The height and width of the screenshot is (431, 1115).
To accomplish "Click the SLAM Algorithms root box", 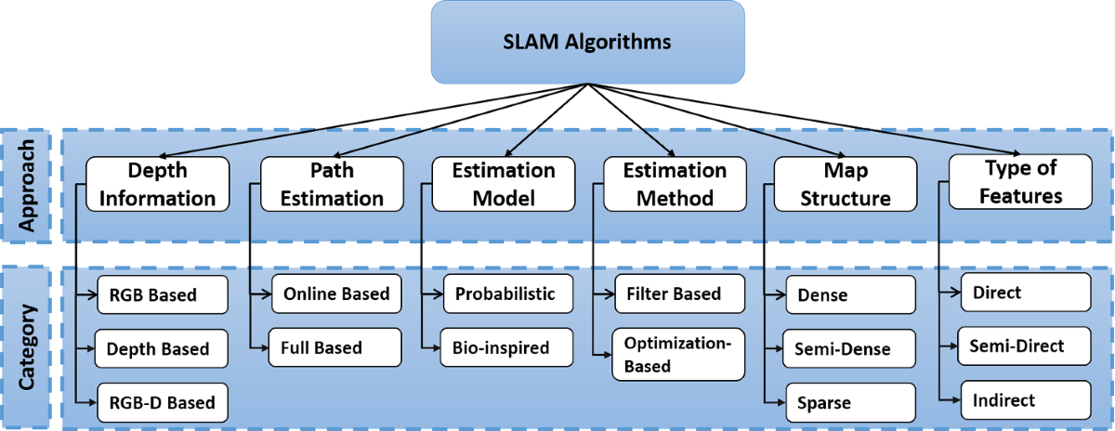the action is point(587,42).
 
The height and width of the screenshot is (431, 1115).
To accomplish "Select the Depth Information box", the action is point(157,184).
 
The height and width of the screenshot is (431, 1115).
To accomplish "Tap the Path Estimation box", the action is point(332,184).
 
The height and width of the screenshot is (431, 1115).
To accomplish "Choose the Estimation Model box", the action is point(504,184).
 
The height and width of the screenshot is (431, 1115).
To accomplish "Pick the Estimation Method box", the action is point(675,184).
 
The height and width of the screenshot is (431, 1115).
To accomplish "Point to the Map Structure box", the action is point(846,184).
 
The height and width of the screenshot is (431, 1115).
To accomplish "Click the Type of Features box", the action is point(1020,182).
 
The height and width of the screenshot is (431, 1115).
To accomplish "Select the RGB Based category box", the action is point(163,294).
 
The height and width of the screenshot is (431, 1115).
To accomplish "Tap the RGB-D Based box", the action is point(163,402).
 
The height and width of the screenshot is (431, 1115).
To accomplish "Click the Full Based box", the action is point(334,347).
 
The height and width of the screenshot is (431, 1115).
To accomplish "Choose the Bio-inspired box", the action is point(506,347).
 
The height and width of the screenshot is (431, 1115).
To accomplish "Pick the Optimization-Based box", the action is point(678,354).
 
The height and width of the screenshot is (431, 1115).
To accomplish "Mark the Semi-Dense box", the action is point(848,348).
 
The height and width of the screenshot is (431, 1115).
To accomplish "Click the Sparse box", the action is point(851,402).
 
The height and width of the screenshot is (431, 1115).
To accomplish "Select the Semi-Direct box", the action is point(1024,346).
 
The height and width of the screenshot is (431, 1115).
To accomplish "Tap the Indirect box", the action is point(1026,400).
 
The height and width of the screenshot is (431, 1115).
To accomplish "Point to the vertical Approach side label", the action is point(26,186).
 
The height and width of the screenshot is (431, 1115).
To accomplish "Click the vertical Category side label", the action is point(26,346).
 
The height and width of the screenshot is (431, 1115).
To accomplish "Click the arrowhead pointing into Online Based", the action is point(266,294).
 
